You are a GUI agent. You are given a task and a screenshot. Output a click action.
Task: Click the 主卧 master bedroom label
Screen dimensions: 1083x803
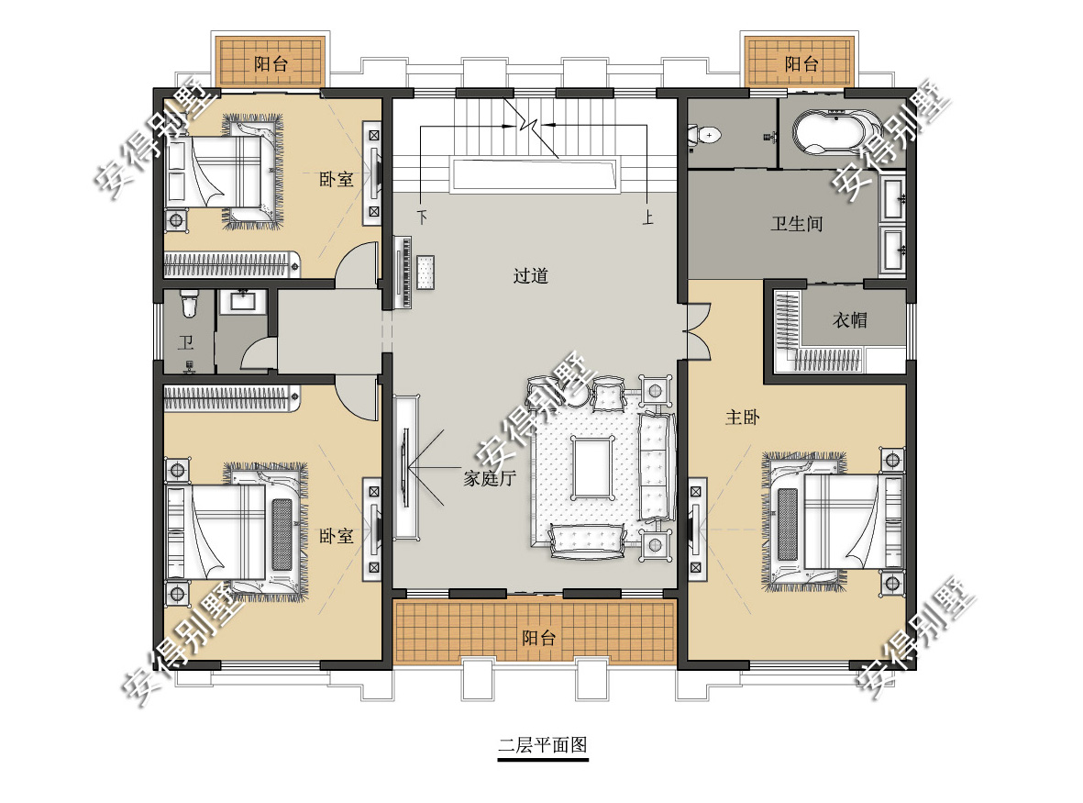pyautogui.click(x=743, y=417)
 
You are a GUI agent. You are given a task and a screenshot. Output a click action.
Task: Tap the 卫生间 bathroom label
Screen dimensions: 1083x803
pyautogui.click(x=797, y=224)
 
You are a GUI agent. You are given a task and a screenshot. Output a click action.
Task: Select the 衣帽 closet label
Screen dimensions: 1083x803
pyautogui.click(x=849, y=320)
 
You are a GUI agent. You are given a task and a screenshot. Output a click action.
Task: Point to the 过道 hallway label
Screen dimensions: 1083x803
pyautogui.click(x=530, y=275)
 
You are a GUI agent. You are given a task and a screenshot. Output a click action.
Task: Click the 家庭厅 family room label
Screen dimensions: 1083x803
pyautogui.click(x=490, y=477)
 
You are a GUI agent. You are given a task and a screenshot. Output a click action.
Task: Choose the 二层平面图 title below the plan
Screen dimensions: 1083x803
pyautogui.click(x=543, y=745)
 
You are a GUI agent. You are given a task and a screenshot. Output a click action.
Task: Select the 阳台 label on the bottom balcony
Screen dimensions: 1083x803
pyautogui.click(x=538, y=637)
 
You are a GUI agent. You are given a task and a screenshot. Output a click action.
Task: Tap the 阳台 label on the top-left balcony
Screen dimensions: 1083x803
pyautogui.click(x=271, y=64)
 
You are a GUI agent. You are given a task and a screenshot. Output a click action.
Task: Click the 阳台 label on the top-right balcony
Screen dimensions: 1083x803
pyautogui.click(x=801, y=64)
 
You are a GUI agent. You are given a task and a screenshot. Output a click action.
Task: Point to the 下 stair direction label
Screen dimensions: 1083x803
pyautogui.click(x=422, y=217)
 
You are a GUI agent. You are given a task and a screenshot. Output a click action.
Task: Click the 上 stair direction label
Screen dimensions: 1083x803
pyautogui.click(x=647, y=217)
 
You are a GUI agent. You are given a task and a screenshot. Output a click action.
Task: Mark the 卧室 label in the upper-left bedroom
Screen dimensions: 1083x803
pyautogui.click(x=337, y=179)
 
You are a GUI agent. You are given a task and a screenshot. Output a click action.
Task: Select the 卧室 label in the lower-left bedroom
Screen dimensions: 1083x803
pyautogui.click(x=337, y=536)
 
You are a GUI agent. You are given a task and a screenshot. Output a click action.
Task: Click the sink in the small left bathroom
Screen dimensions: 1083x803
pyautogui.click(x=242, y=302)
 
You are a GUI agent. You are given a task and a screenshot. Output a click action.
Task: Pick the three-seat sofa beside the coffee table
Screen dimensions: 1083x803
pyautogui.click(x=656, y=466)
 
